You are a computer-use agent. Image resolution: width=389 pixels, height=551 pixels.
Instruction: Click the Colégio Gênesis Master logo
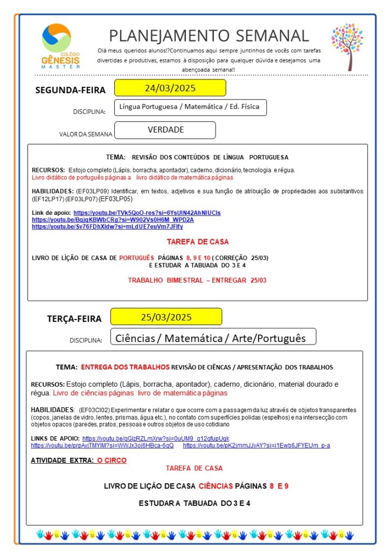tap(60, 46)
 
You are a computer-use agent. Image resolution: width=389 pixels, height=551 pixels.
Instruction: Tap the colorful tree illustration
tap(347, 46)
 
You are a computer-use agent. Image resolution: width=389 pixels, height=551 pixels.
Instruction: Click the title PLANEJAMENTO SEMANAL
tap(209, 36)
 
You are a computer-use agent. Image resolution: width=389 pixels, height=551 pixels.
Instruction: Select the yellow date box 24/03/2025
tap(170, 88)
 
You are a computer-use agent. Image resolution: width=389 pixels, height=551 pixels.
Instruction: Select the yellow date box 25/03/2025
tap(166, 317)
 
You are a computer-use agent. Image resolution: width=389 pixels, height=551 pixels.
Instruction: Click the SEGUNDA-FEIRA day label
tap(71, 90)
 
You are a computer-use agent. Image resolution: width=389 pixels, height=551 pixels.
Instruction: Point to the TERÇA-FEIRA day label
tap(74, 318)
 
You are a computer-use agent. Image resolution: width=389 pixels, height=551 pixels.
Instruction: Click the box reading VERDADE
tap(165, 130)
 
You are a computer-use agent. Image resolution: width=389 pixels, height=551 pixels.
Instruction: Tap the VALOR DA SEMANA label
tap(86, 134)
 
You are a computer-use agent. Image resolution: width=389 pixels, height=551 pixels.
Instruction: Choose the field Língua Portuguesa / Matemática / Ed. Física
tap(190, 107)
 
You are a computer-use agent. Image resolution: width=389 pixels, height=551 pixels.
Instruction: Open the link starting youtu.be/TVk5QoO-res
tap(147, 213)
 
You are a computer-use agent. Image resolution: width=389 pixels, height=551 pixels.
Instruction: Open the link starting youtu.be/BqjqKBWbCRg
tap(113, 220)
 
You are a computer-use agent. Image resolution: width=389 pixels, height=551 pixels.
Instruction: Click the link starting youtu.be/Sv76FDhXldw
tap(107, 227)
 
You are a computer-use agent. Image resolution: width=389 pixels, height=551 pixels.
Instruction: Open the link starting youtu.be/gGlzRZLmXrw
tap(156, 438)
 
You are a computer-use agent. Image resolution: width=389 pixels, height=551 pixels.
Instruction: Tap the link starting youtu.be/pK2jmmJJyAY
tap(256, 445)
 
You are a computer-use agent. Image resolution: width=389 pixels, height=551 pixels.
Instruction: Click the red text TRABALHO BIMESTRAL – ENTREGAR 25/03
tap(197, 280)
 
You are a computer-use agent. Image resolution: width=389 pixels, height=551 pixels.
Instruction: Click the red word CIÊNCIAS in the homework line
tap(216, 486)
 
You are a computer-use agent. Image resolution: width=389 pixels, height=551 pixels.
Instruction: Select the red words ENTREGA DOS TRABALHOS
tap(125, 367)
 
